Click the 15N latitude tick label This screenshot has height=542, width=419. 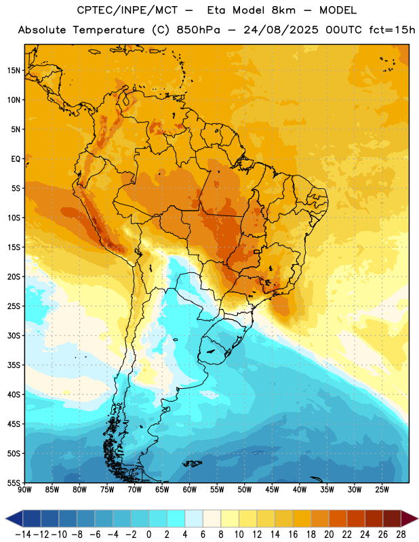pos(14,70)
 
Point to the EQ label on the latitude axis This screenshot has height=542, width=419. pos(16,159)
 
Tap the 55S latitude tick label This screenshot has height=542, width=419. pos(14,482)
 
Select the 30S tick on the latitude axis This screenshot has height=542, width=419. pos(14,335)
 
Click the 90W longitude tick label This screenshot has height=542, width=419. pos(24,490)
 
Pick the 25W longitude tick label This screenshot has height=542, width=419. pos(382,490)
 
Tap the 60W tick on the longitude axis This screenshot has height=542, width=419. pos(190,490)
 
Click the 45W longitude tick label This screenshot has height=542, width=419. pos(272,490)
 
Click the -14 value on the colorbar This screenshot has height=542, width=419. pos(23,535)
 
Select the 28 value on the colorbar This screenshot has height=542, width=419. pos(401,535)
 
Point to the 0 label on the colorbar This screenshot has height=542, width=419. pos(148,535)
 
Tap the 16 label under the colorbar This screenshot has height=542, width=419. pos(293,535)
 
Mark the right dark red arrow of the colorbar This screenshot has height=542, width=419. pos(409,518)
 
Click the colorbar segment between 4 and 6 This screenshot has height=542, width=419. pos(194,518)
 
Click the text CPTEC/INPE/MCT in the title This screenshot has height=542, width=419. pos(127,10)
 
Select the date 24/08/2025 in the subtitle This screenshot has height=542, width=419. pos(281,30)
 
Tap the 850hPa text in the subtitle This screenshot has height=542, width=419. pos(198,30)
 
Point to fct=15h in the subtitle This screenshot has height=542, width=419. pos(392,30)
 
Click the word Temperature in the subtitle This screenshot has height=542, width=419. pos(108,30)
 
